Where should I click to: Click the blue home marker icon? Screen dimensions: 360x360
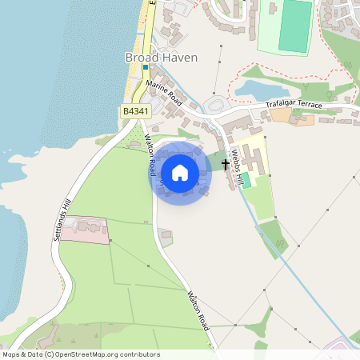(180, 172)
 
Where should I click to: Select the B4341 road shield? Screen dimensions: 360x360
(134, 113)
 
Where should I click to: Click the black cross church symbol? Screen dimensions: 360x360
(226, 164)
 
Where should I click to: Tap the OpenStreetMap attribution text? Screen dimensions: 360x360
(81, 354)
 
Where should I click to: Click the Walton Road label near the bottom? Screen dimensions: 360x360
(198, 310)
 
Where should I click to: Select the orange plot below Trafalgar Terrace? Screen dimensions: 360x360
(281, 115)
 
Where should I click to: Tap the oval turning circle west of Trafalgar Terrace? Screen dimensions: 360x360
(214, 105)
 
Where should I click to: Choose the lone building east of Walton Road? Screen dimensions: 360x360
(166, 238)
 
